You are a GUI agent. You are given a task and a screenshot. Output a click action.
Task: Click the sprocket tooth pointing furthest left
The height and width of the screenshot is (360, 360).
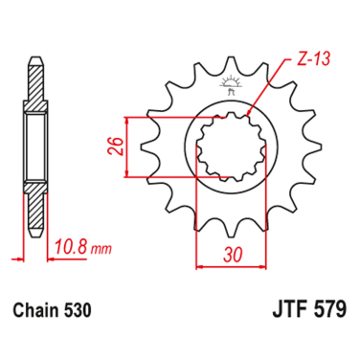click(146, 151)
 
